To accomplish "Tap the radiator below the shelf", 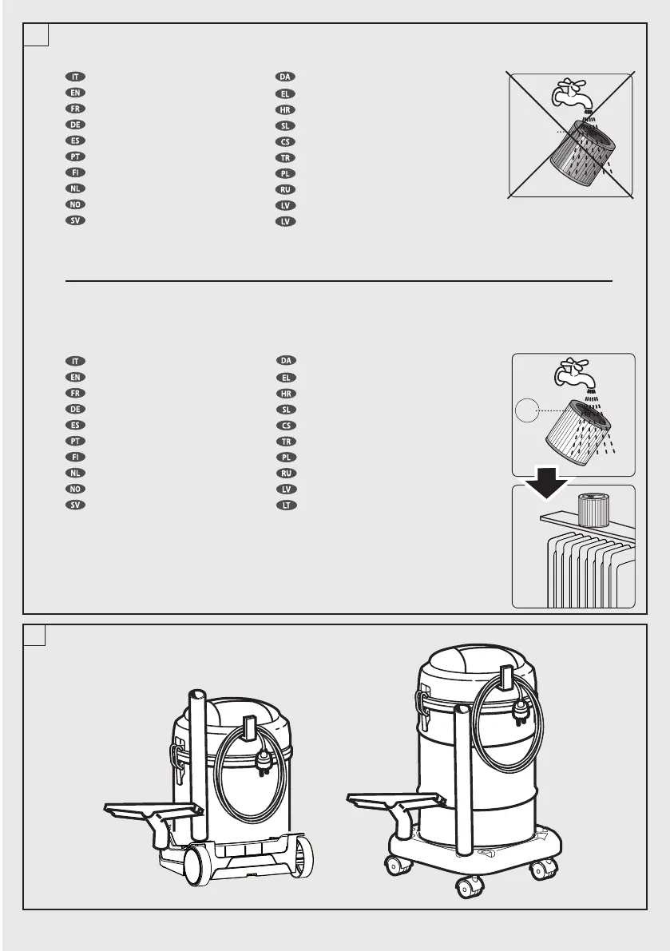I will [x=587, y=571].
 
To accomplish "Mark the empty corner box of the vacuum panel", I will [x=35, y=636].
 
